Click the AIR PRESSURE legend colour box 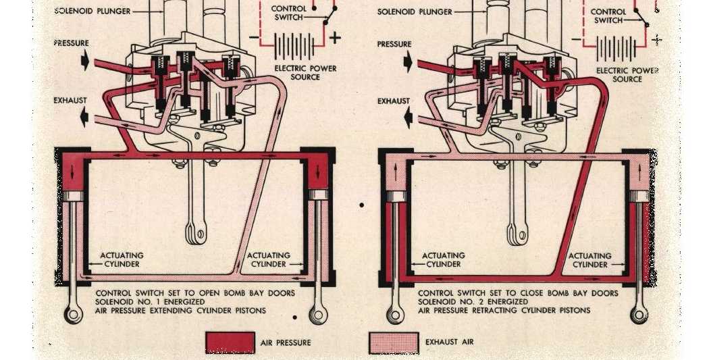point(230,342)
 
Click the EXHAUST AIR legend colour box point(394,342)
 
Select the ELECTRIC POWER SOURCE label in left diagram point(305,72)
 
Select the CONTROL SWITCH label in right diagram point(608,16)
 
